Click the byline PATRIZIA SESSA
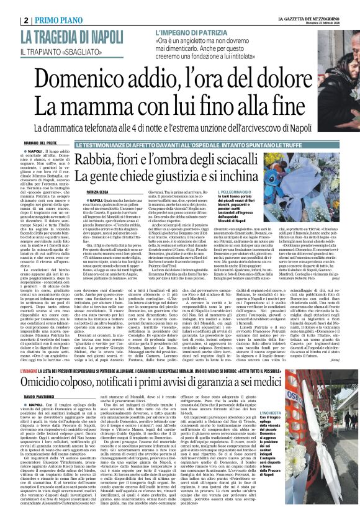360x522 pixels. [102, 192]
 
